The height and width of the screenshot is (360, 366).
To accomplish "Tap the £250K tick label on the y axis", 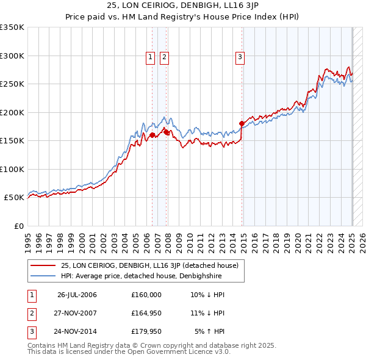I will [x=12, y=84].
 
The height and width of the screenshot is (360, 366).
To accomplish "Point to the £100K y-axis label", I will [x=12, y=169].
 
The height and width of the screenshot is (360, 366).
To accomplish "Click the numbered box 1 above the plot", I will [x=150, y=57].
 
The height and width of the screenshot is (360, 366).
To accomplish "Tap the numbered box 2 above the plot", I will [x=165, y=57].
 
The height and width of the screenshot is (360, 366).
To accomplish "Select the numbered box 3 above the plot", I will [x=240, y=57].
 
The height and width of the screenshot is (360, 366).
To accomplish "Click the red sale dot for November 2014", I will [x=242, y=123].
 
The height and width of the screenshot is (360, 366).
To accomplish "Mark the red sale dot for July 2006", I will [x=152, y=135].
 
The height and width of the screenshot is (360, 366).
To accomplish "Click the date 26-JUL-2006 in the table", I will [x=77, y=295].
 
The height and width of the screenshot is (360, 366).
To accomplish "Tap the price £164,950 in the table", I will [x=146, y=313].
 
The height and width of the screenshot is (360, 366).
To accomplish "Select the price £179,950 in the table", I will [x=146, y=331].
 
